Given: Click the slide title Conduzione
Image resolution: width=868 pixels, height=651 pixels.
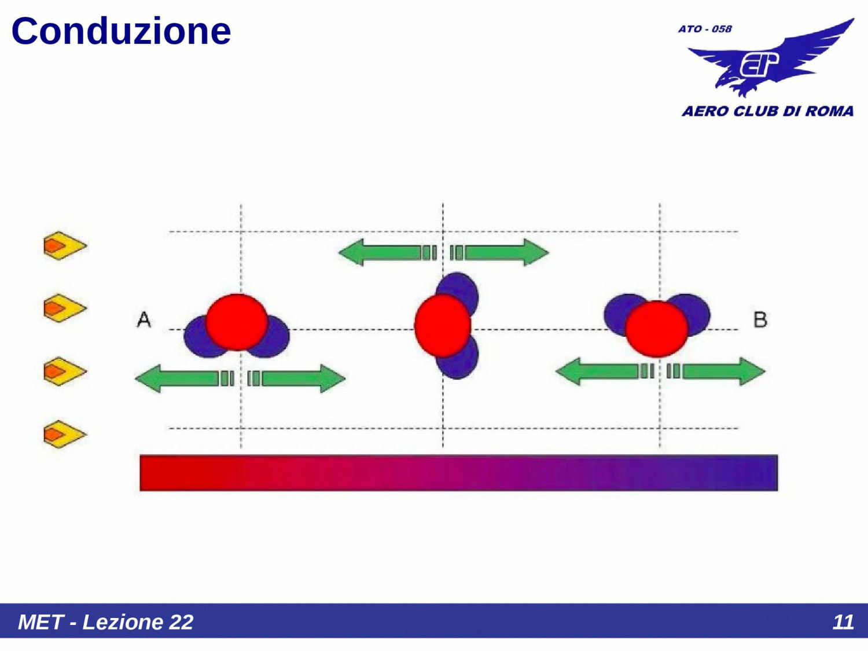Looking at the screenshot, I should click(121, 31).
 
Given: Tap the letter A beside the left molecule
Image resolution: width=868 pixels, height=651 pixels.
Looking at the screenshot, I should click(144, 319).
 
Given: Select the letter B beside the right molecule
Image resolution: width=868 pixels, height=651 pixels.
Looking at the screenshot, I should click(760, 319).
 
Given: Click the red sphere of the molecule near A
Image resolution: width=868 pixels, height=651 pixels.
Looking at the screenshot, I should click(237, 322).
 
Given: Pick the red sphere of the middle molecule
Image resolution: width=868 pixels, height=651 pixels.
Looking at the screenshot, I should click(442, 325).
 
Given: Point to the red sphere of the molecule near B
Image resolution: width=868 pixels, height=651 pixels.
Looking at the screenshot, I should click(657, 328).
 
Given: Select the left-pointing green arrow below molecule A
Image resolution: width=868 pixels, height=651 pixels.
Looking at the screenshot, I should click(176, 379).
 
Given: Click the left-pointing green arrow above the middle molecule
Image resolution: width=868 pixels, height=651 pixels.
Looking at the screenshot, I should click(379, 253).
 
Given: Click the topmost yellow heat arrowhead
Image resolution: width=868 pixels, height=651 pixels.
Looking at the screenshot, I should click(64, 246).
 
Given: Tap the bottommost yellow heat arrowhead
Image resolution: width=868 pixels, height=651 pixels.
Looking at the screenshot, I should click(64, 434).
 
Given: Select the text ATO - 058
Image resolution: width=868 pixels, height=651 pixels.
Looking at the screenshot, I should click(705, 29).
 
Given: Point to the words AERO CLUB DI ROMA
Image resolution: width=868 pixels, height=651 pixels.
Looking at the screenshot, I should click(767, 111).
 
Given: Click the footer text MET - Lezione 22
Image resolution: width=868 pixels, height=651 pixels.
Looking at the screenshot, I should click(105, 622).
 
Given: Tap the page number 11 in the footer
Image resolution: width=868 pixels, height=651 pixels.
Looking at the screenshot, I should click(843, 622).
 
